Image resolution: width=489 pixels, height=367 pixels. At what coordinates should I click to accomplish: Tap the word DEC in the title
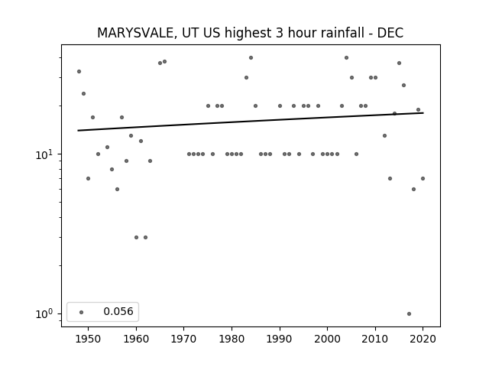tap(390, 33)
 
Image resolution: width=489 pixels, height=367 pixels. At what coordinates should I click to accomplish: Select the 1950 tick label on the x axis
tap(89, 339)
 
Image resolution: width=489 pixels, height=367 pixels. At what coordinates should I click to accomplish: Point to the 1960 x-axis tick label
tap(136, 339)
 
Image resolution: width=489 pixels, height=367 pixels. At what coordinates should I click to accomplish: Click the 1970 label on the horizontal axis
tap(184, 339)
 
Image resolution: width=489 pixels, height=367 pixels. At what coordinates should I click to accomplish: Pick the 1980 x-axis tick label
tap(232, 339)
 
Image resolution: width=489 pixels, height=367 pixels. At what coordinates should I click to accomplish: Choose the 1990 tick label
tap(280, 339)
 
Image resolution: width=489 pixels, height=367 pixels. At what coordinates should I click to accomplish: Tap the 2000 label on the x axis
tap(328, 339)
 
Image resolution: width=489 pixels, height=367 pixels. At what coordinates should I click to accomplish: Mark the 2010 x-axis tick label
tap(375, 339)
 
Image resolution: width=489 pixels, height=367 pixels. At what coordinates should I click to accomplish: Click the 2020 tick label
tap(423, 339)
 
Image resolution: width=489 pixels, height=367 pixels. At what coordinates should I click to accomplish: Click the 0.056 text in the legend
tap(118, 311)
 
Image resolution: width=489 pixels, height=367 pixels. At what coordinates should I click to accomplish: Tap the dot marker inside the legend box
tap(82, 312)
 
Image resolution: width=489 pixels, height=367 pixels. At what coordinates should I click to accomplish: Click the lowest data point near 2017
tap(410, 313)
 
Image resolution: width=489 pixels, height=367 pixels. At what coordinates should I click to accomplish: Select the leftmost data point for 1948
tap(79, 71)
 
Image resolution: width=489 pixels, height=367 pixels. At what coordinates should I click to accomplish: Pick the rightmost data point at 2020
tap(423, 178)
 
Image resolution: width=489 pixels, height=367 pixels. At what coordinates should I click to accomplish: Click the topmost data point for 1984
tap(251, 58)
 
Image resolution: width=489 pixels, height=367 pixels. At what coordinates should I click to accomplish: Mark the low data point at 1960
tap(136, 237)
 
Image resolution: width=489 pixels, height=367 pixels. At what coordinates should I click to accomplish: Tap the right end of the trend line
tap(423, 112)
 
